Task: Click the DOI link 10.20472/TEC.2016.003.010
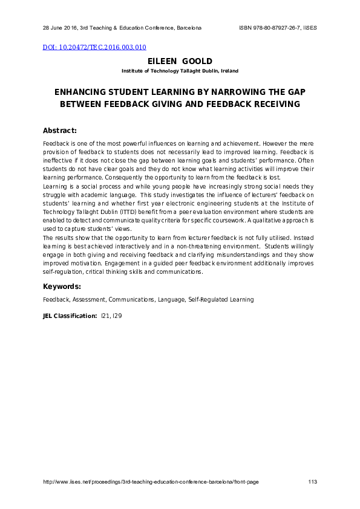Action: point(94,47)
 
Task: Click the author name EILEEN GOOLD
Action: point(180,62)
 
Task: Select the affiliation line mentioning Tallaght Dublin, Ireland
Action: point(180,71)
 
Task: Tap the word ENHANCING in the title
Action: point(80,92)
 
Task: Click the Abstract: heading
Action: point(60,131)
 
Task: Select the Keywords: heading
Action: point(62,286)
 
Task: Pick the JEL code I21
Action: point(106,316)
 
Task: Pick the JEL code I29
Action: point(117,316)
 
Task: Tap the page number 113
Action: point(313,482)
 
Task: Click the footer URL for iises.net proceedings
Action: point(151,482)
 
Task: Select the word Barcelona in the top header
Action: point(189,28)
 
